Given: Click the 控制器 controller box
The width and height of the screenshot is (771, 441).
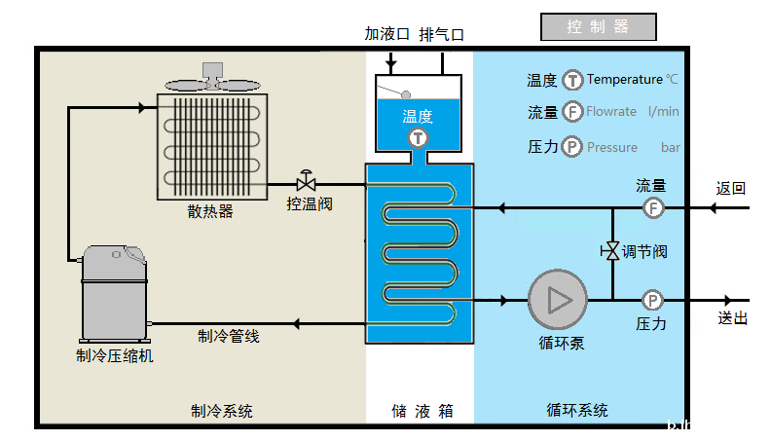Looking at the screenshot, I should (599, 27).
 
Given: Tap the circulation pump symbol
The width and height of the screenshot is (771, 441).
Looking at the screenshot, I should (558, 300).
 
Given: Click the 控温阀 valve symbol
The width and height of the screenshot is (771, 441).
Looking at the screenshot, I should (307, 183).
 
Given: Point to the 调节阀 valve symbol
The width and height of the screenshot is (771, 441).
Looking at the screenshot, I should (611, 251).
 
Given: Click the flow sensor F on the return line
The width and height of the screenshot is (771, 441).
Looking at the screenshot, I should (653, 207).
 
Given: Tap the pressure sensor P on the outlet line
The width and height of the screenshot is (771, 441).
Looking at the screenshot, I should (653, 300).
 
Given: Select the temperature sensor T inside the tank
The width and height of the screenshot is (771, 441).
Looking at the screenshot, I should (418, 137).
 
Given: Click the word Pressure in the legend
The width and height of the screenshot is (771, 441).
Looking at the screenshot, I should (612, 147).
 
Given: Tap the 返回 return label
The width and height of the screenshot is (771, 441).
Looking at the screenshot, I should (731, 188).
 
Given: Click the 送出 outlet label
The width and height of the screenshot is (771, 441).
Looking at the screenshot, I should (732, 318).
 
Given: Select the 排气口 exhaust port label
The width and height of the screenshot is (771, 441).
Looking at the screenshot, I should (441, 34).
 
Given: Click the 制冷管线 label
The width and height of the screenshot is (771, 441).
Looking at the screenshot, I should (228, 336).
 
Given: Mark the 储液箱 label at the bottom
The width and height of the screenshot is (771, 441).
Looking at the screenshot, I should (419, 411).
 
